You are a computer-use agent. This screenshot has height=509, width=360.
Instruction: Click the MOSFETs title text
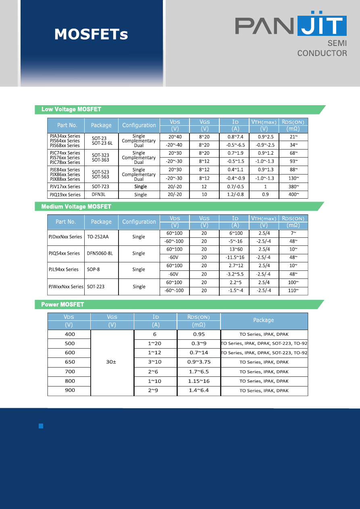(x=92, y=34)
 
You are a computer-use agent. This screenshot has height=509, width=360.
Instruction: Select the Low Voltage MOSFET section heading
(x=71, y=109)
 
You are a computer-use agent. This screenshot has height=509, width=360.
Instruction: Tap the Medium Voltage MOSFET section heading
(x=76, y=206)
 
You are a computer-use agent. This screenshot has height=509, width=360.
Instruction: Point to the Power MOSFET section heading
(x=62, y=304)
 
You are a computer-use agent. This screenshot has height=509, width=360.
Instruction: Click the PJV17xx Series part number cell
(x=65, y=187)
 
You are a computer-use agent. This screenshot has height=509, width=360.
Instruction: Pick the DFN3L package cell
(x=99, y=195)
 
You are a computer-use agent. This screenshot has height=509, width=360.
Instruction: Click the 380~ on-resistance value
(x=293, y=187)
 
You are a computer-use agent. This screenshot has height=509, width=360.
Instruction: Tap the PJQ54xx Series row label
(x=64, y=253)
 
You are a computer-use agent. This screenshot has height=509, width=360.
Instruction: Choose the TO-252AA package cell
(x=98, y=237)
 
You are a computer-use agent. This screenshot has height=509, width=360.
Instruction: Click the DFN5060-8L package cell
(x=100, y=253)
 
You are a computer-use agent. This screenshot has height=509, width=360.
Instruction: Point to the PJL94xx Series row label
(x=63, y=270)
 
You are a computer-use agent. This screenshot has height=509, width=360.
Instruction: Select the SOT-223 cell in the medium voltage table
(x=96, y=287)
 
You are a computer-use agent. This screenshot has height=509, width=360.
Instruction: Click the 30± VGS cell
(x=111, y=362)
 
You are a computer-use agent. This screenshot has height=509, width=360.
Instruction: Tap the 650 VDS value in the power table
(x=70, y=362)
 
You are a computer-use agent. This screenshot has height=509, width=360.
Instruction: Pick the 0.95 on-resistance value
(x=198, y=334)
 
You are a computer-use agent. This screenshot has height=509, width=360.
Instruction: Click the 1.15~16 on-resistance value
(x=198, y=381)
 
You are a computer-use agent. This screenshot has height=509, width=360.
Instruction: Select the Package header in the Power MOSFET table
(x=264, y=320)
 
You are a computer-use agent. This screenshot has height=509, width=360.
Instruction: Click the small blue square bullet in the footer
(x=41, y=426)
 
